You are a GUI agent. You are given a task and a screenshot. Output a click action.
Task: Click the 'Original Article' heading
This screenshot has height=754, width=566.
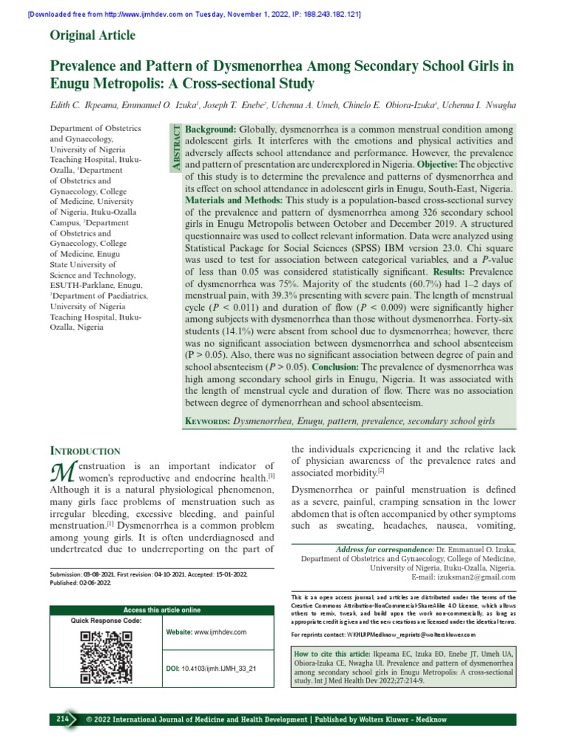(92, 35)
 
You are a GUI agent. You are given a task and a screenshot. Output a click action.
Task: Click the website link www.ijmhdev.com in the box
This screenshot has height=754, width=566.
(219, 633)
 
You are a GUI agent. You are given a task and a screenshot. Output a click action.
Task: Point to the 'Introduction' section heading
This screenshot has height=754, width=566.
(85, 450)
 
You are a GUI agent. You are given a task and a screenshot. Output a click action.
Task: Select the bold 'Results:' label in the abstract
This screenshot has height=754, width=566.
(441, 272)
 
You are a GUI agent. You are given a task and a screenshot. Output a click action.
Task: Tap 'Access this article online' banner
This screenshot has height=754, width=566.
(161, 610)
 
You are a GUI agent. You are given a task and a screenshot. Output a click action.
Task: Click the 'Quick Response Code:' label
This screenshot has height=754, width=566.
(105, 621)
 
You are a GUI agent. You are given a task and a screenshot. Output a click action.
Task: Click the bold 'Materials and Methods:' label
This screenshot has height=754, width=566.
(234, 200)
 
